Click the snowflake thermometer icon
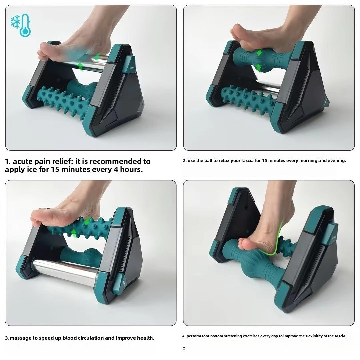(x=21, y=25)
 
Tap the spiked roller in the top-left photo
(x=60, y=100)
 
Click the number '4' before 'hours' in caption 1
(x=118, y=169)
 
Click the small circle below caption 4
(x=184, y=348)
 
